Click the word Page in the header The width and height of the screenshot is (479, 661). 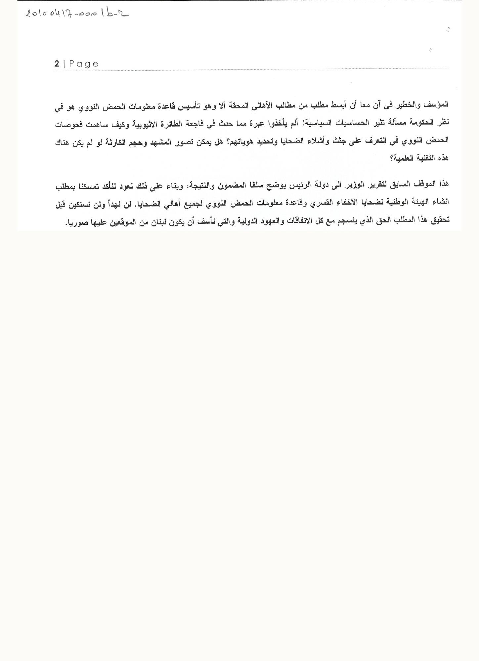point(84,64)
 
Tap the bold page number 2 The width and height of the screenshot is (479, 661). point(57,64)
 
